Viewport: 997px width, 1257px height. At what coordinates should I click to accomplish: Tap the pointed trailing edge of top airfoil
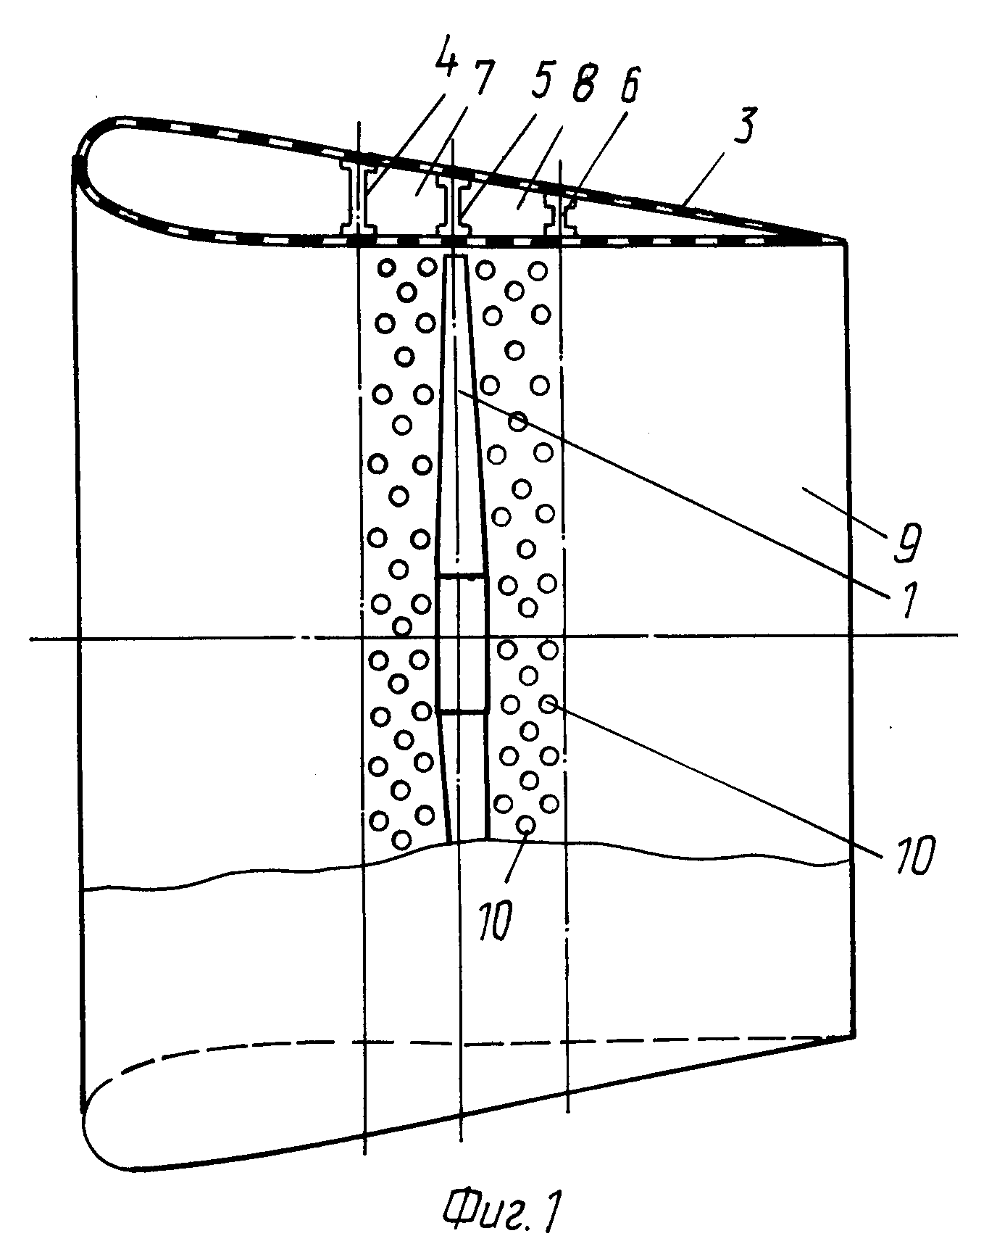(843, 239)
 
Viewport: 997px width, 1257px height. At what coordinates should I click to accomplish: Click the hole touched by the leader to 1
(517, 420)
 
